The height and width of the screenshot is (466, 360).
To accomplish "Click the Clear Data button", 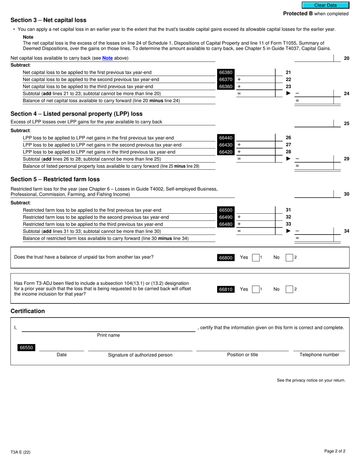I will click(325, 5).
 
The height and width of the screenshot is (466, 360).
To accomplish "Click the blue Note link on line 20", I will click(107, 58).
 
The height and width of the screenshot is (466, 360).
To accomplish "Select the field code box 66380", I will click(226, 72).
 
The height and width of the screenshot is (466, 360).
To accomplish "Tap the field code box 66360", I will click(226, 87).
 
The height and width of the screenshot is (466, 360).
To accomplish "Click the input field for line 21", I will click(256, 72).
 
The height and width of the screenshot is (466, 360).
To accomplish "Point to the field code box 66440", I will click(226, 138).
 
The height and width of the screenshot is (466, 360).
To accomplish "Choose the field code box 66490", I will click(226, 217).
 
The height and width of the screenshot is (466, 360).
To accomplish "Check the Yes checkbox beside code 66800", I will click(256, 258).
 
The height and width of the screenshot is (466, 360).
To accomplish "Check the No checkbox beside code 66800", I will click(289, 258).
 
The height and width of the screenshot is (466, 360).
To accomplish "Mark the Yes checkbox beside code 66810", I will click(256, 289).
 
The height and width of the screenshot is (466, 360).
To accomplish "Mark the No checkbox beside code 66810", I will click(289, 289).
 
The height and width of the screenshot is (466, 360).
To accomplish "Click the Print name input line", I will click(108, 328).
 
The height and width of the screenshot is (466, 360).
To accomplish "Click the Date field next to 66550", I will click(61, 348).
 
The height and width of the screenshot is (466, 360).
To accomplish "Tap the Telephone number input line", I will click(319, 348).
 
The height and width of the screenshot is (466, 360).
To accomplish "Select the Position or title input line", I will click(242, 348).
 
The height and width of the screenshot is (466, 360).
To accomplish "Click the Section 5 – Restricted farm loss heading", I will click(55, 179).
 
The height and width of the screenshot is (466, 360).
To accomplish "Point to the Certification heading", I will click(28, 311).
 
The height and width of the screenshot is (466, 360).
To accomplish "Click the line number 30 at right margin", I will click(346, 194).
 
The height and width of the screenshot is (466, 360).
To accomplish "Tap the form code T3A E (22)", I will click(20, 452).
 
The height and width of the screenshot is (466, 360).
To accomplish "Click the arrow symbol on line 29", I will click(288, 159).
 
